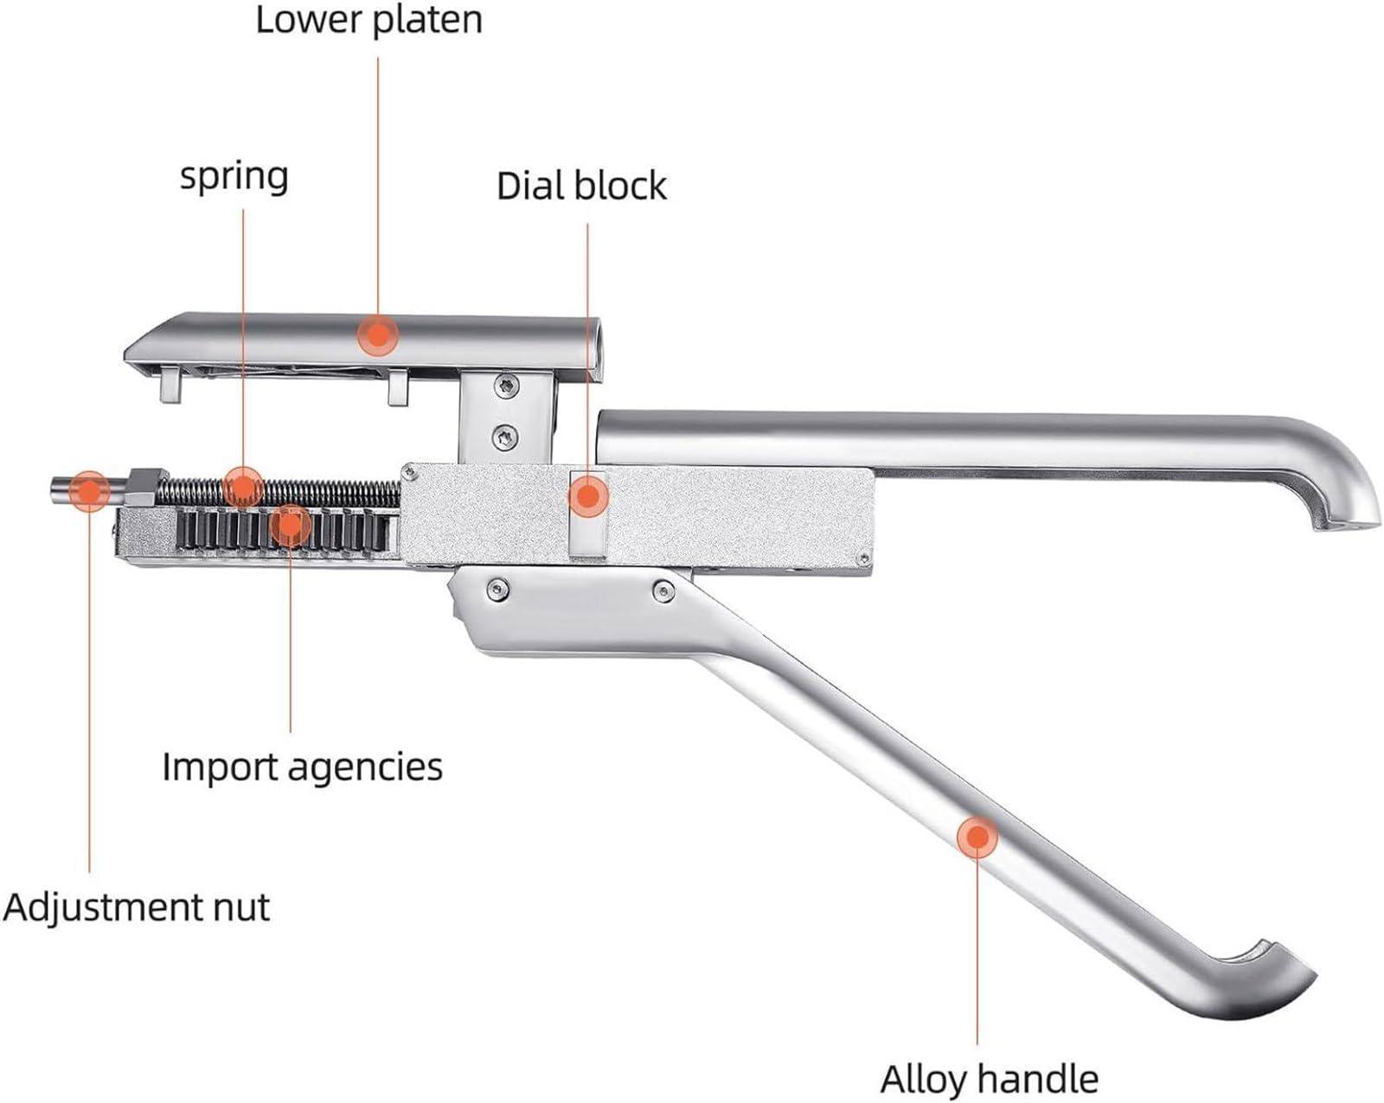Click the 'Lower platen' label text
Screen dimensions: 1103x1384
tap(368, 19)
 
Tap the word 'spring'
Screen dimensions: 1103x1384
tap(234, 176)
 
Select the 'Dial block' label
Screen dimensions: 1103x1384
tap(581, 186)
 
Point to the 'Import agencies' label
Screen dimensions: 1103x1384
tap(302, 767)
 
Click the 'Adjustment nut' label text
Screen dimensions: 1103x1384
tap(137, 907)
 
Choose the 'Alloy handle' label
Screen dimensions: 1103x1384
tap(989, 1080)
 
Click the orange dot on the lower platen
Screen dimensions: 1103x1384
tap(377, 335)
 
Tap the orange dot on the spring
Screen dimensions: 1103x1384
tap(242, 486)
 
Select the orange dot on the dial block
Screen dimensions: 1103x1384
tap(588, 497)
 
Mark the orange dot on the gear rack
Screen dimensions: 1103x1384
tap(290, 525)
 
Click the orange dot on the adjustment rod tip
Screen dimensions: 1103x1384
tap(88, 491)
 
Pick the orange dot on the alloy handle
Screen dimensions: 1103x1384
tap(977, 837)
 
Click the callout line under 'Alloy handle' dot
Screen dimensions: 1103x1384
tap(977, 951)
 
